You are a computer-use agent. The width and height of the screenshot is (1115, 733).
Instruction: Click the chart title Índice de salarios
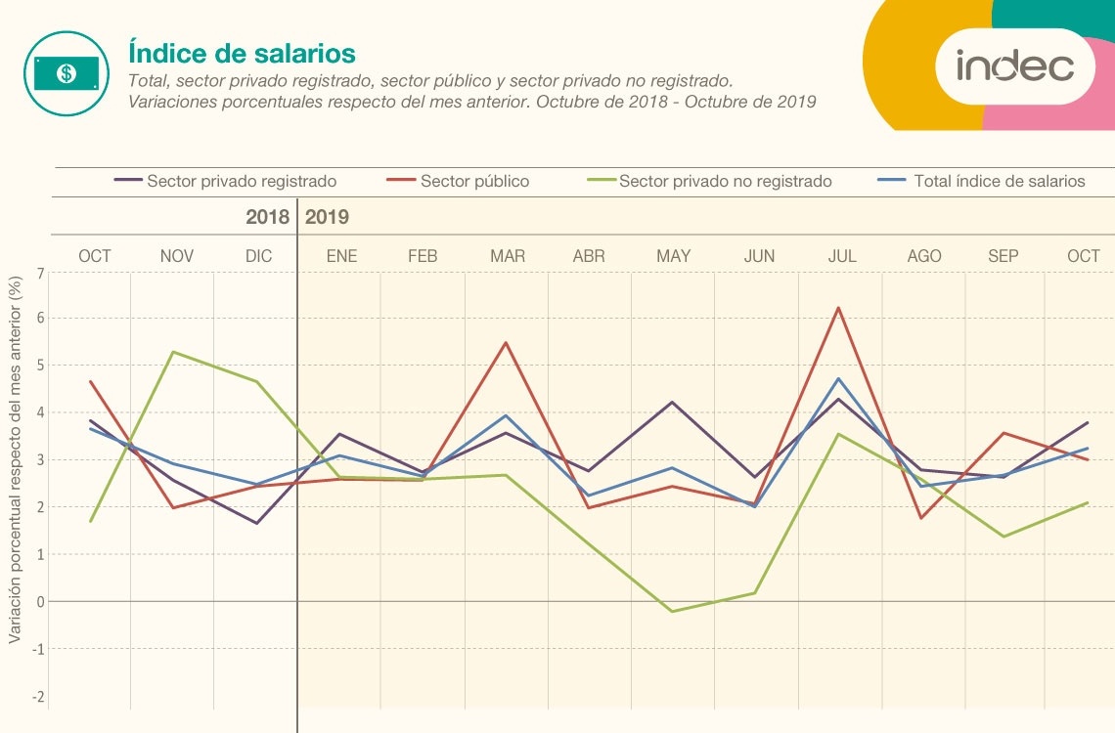[242, 53]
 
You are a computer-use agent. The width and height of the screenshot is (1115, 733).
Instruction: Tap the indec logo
[1014, 66]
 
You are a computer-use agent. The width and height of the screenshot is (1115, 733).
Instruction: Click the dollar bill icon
[66, 73]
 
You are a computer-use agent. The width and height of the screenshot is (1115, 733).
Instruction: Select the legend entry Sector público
[474, 181]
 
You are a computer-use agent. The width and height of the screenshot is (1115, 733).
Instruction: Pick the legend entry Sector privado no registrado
[725, 181]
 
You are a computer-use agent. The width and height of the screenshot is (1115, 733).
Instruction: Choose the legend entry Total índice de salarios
[999, 181]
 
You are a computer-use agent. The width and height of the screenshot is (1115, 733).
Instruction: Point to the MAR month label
[508, 256]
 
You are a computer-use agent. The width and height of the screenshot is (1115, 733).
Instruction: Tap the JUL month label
[841, 256]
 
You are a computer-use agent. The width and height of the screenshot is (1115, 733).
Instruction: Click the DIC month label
[259, 256]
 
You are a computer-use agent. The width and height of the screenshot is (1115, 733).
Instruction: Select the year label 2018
[267, 217]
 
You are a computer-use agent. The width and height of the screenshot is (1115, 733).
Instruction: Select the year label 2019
[328, 217]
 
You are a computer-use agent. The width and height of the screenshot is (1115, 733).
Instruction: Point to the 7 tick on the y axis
[40, 273]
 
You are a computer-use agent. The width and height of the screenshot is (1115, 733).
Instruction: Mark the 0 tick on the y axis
[40, 602]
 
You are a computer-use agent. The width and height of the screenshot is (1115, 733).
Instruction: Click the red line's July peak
[838, 308]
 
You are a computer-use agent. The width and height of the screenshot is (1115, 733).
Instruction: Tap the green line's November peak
[173, 352]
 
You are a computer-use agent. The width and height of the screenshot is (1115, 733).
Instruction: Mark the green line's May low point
[672, 611]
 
